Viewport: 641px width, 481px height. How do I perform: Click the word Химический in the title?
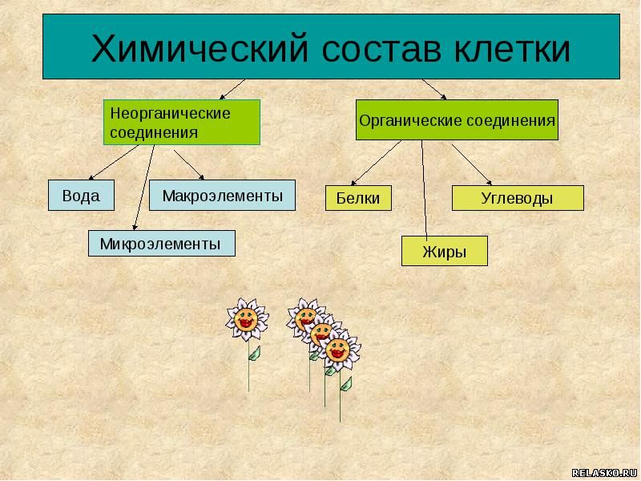point(200,49)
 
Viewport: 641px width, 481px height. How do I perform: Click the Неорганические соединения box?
point(182,123)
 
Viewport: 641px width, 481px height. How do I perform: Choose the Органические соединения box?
point(457,119)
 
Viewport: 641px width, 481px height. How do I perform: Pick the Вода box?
point(81,196)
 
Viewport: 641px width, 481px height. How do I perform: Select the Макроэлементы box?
point(222,196)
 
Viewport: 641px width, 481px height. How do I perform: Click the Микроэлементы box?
point(162,244)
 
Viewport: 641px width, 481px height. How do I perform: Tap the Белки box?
point(358,198)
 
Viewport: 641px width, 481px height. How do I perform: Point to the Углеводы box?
point(518,198)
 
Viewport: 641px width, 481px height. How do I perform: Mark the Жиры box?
point(445,251)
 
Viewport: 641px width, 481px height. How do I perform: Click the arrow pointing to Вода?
point(114,163)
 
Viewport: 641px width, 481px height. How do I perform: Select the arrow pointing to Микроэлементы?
point(144,188)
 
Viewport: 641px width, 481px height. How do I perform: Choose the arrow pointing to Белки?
point(376,163)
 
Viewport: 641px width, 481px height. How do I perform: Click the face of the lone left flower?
point(246,318)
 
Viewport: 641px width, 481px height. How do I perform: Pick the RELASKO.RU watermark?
point(604,473)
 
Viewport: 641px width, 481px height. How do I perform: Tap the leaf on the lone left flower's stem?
point(255,354)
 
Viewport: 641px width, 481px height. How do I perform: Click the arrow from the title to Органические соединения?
point(434,89)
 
